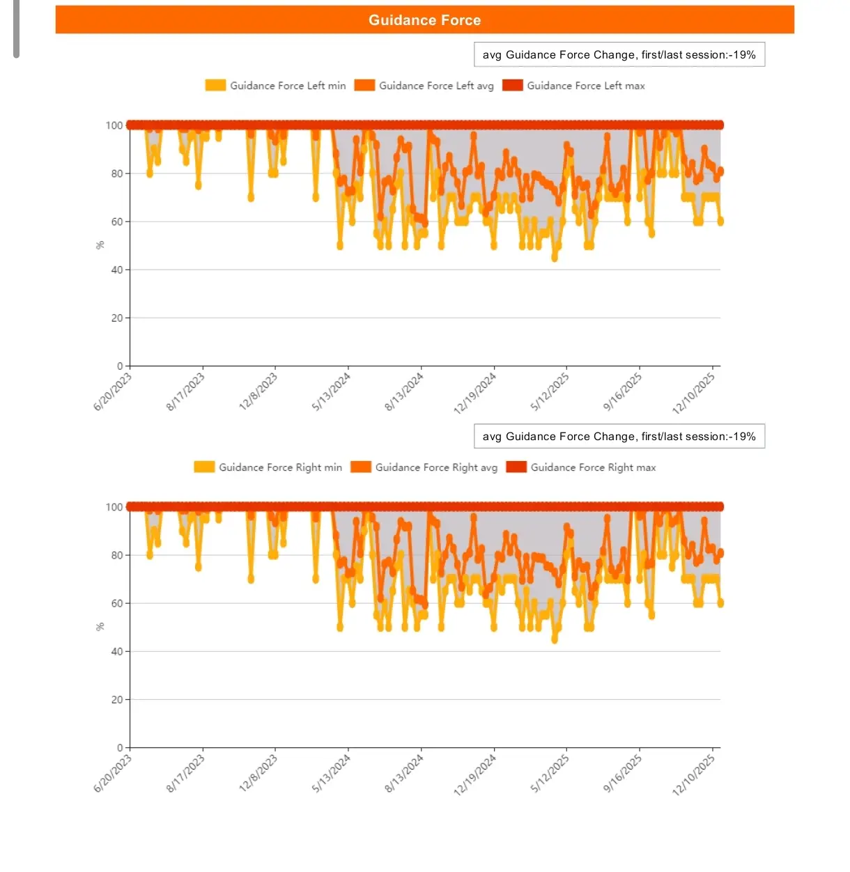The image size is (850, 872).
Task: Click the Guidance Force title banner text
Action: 424,20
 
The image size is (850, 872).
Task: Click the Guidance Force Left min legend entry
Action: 275,86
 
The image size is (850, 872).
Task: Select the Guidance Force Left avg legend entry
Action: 424,86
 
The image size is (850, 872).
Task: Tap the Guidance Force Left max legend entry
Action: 573,86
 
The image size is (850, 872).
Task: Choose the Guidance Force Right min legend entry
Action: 268,467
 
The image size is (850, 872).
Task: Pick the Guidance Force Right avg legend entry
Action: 424,467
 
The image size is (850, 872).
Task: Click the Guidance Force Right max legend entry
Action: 581,467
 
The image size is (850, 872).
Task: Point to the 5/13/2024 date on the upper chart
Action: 332,392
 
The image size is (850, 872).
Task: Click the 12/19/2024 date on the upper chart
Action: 475,394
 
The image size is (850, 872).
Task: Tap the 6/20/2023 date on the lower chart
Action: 113,773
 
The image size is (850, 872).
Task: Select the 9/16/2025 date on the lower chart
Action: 622,773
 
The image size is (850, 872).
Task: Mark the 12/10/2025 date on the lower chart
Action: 694,775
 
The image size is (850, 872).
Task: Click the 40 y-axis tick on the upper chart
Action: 116,270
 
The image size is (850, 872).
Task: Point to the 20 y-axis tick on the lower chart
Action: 116,699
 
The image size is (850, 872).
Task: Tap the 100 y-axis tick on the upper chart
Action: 114,125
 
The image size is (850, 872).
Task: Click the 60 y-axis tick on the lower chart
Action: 116,603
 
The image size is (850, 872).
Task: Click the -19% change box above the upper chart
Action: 619,55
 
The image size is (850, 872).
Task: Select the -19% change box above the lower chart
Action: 619,437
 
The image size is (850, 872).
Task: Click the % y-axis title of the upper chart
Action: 100,245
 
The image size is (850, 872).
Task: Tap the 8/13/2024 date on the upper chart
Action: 404,392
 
